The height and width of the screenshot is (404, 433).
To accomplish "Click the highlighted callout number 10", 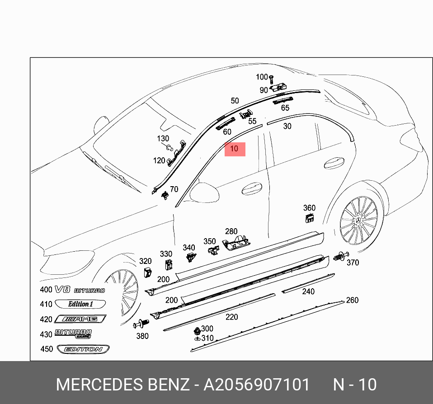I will coord(235,149).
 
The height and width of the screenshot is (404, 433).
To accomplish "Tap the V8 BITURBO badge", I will coord(80,290).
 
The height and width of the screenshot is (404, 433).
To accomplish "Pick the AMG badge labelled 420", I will coord(80,319).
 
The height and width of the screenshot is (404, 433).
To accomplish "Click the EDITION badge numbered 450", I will coord(83,349).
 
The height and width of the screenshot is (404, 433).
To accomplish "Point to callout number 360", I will coord(309,208).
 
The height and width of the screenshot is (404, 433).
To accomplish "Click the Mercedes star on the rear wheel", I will coord(360,220).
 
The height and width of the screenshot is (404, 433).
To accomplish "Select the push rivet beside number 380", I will coord(141,324).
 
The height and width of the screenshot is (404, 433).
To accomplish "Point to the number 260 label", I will coord(352,301).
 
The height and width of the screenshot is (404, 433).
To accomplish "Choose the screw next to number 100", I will coord(270,81).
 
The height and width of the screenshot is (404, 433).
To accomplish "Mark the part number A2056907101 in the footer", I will coord(257,385).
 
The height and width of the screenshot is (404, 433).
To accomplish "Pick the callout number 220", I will coord(232,317).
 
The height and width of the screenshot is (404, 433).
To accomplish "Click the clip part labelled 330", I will coord(167,266).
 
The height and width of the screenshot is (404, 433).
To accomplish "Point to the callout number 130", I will coord(163,139).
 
